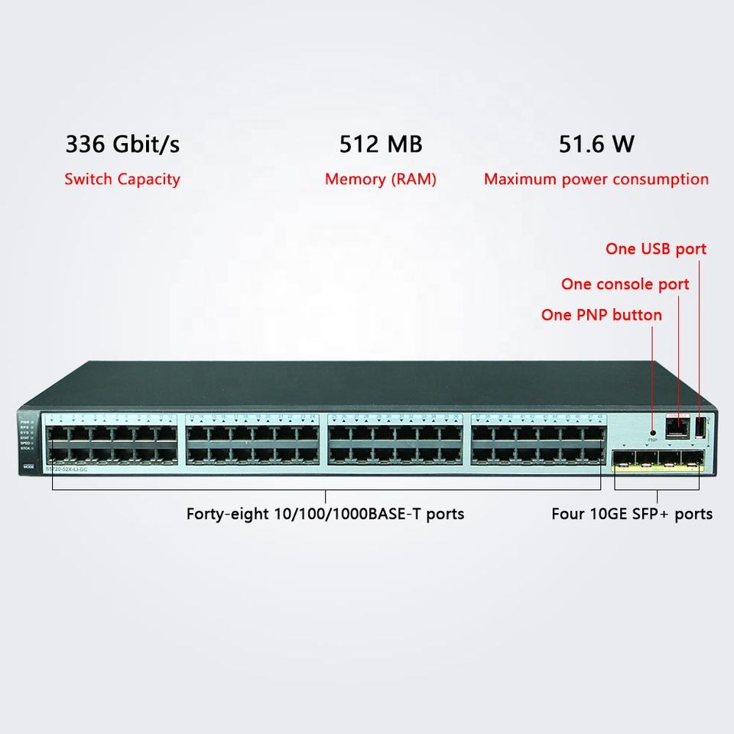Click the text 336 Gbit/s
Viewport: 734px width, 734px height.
pyautogui.click(x=123, y=144)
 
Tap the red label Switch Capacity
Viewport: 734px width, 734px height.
pyautogui.click(x=122, y=180)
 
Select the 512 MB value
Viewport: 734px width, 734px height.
pyautogui.click(x=380, y=144)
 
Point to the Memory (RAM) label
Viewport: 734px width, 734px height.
pyautogui.click(x=380, y=180)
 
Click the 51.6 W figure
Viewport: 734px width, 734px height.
pyautogui.click(x=596, y=144)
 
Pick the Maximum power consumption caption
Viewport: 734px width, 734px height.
pyautogui.click(x=596, y=180)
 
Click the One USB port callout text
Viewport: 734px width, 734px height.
pyautogui.click(x=655, y=248)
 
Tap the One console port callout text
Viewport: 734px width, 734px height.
pyautogui.click(x=625, y=284)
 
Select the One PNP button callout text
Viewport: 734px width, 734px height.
pyautogui.click(x=601, y=315)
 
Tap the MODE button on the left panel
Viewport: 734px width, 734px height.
pyautogui.click(x=28, y=466)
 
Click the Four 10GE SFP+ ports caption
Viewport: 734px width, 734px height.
pyautogui.click(x=632, y=514)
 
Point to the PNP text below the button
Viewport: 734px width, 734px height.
pyautogui.click(x=652, y=441)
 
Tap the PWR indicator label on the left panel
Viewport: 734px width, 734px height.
pyautogui.click(x=24, y=421)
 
